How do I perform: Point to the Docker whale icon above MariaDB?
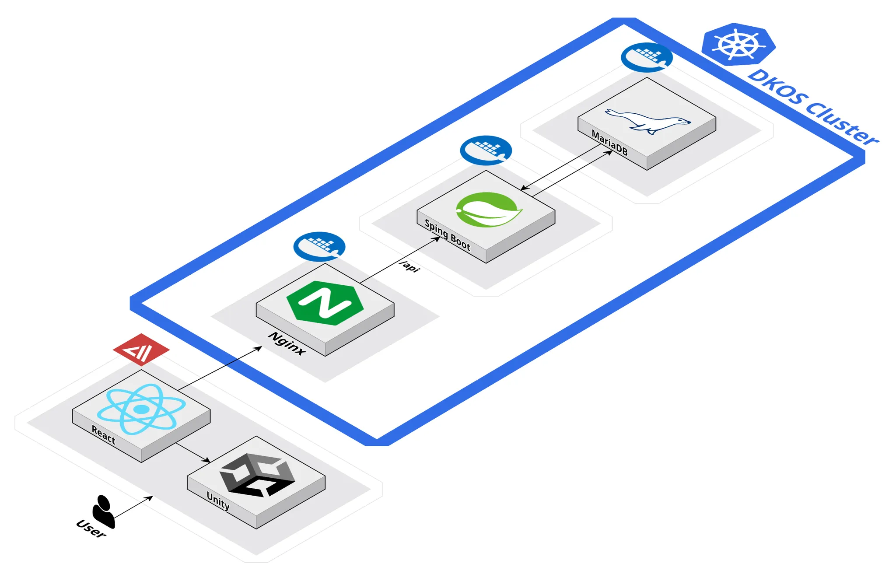647,57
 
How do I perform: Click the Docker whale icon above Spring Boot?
486,150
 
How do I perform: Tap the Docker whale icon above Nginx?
319,246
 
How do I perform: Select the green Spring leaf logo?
488,210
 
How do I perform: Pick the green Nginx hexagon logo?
325,303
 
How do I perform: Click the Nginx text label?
287,343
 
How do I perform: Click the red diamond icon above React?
141,350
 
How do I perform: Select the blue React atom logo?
141,409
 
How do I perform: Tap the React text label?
104,435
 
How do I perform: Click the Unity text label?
218,501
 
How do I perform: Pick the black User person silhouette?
104,511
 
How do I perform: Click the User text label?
91,528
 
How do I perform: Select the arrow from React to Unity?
193,452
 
